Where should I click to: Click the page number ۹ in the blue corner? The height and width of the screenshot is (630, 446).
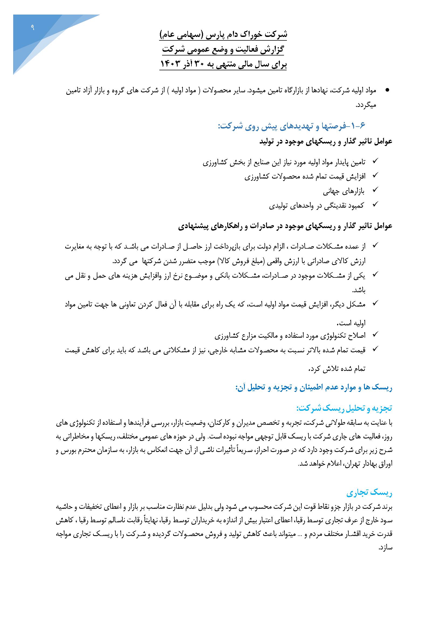[x=32, y=27]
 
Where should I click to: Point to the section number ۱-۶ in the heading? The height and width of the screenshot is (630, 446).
[x=358, y=126]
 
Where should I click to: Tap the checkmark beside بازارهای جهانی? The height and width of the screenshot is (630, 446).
[x=375, y=190]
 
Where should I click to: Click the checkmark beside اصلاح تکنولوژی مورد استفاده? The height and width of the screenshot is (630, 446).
[x=375, y=334]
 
